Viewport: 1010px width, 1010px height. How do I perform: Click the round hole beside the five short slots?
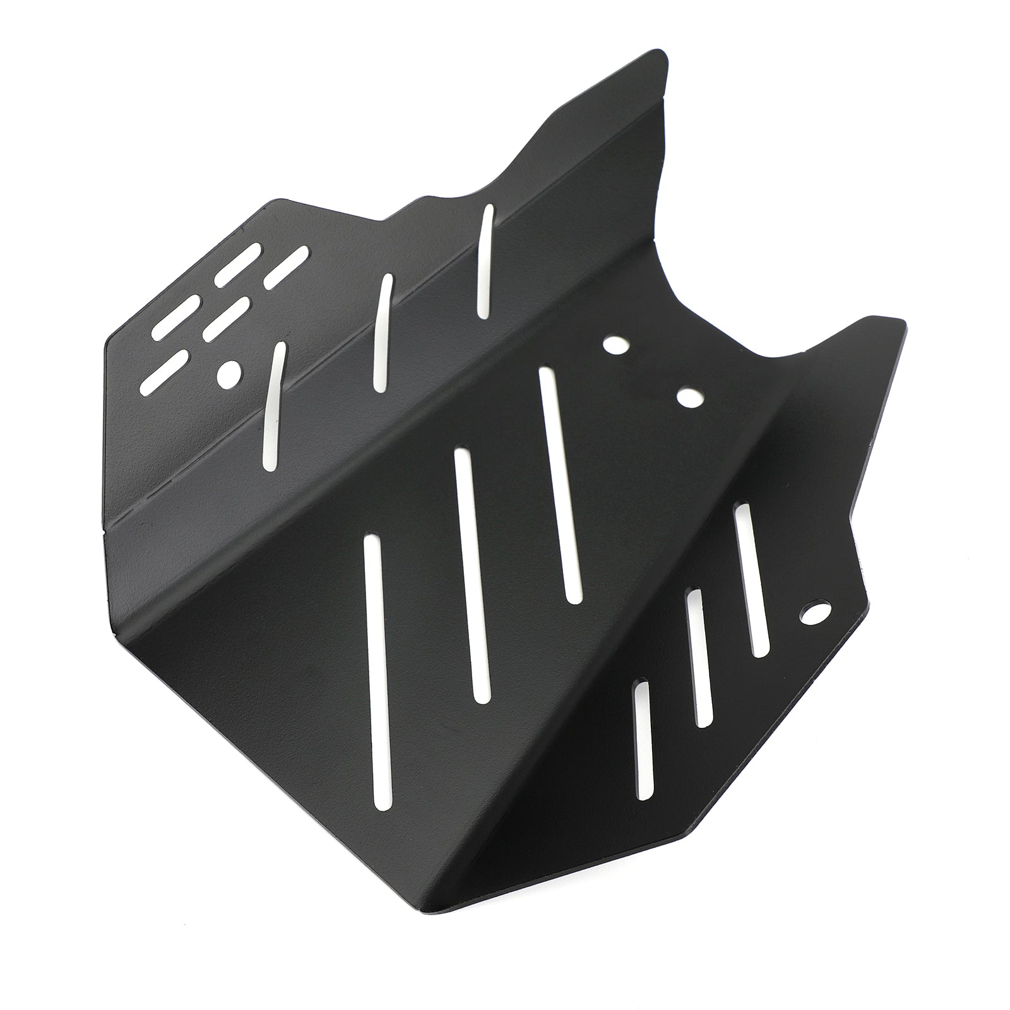click(229, 374)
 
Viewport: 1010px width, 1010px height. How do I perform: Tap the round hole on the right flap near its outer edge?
click(815, 612)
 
